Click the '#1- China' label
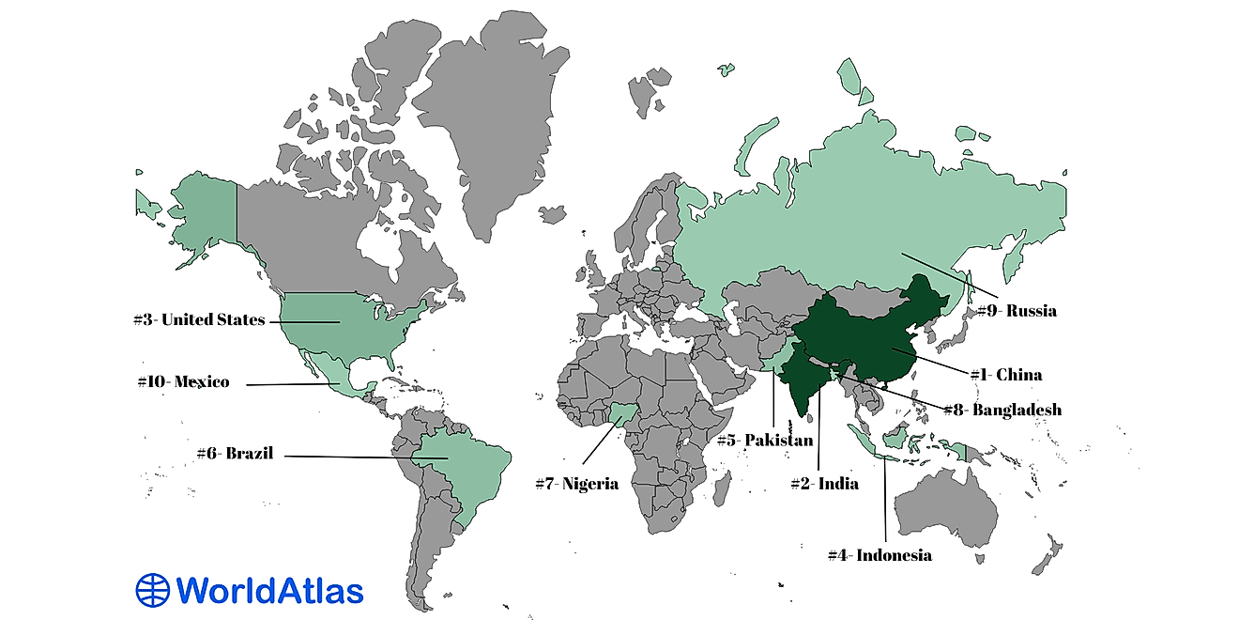[1005, 375]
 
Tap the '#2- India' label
[824, 485]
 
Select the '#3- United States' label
[199, 320]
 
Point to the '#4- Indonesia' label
[880, 555]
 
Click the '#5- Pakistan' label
[764, 441]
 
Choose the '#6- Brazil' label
[235, 454]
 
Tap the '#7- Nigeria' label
[576, 485]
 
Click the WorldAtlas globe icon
[152, 590]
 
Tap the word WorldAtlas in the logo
[269, 590]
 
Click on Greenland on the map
[488, 113]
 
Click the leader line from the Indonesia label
[884, 498]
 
